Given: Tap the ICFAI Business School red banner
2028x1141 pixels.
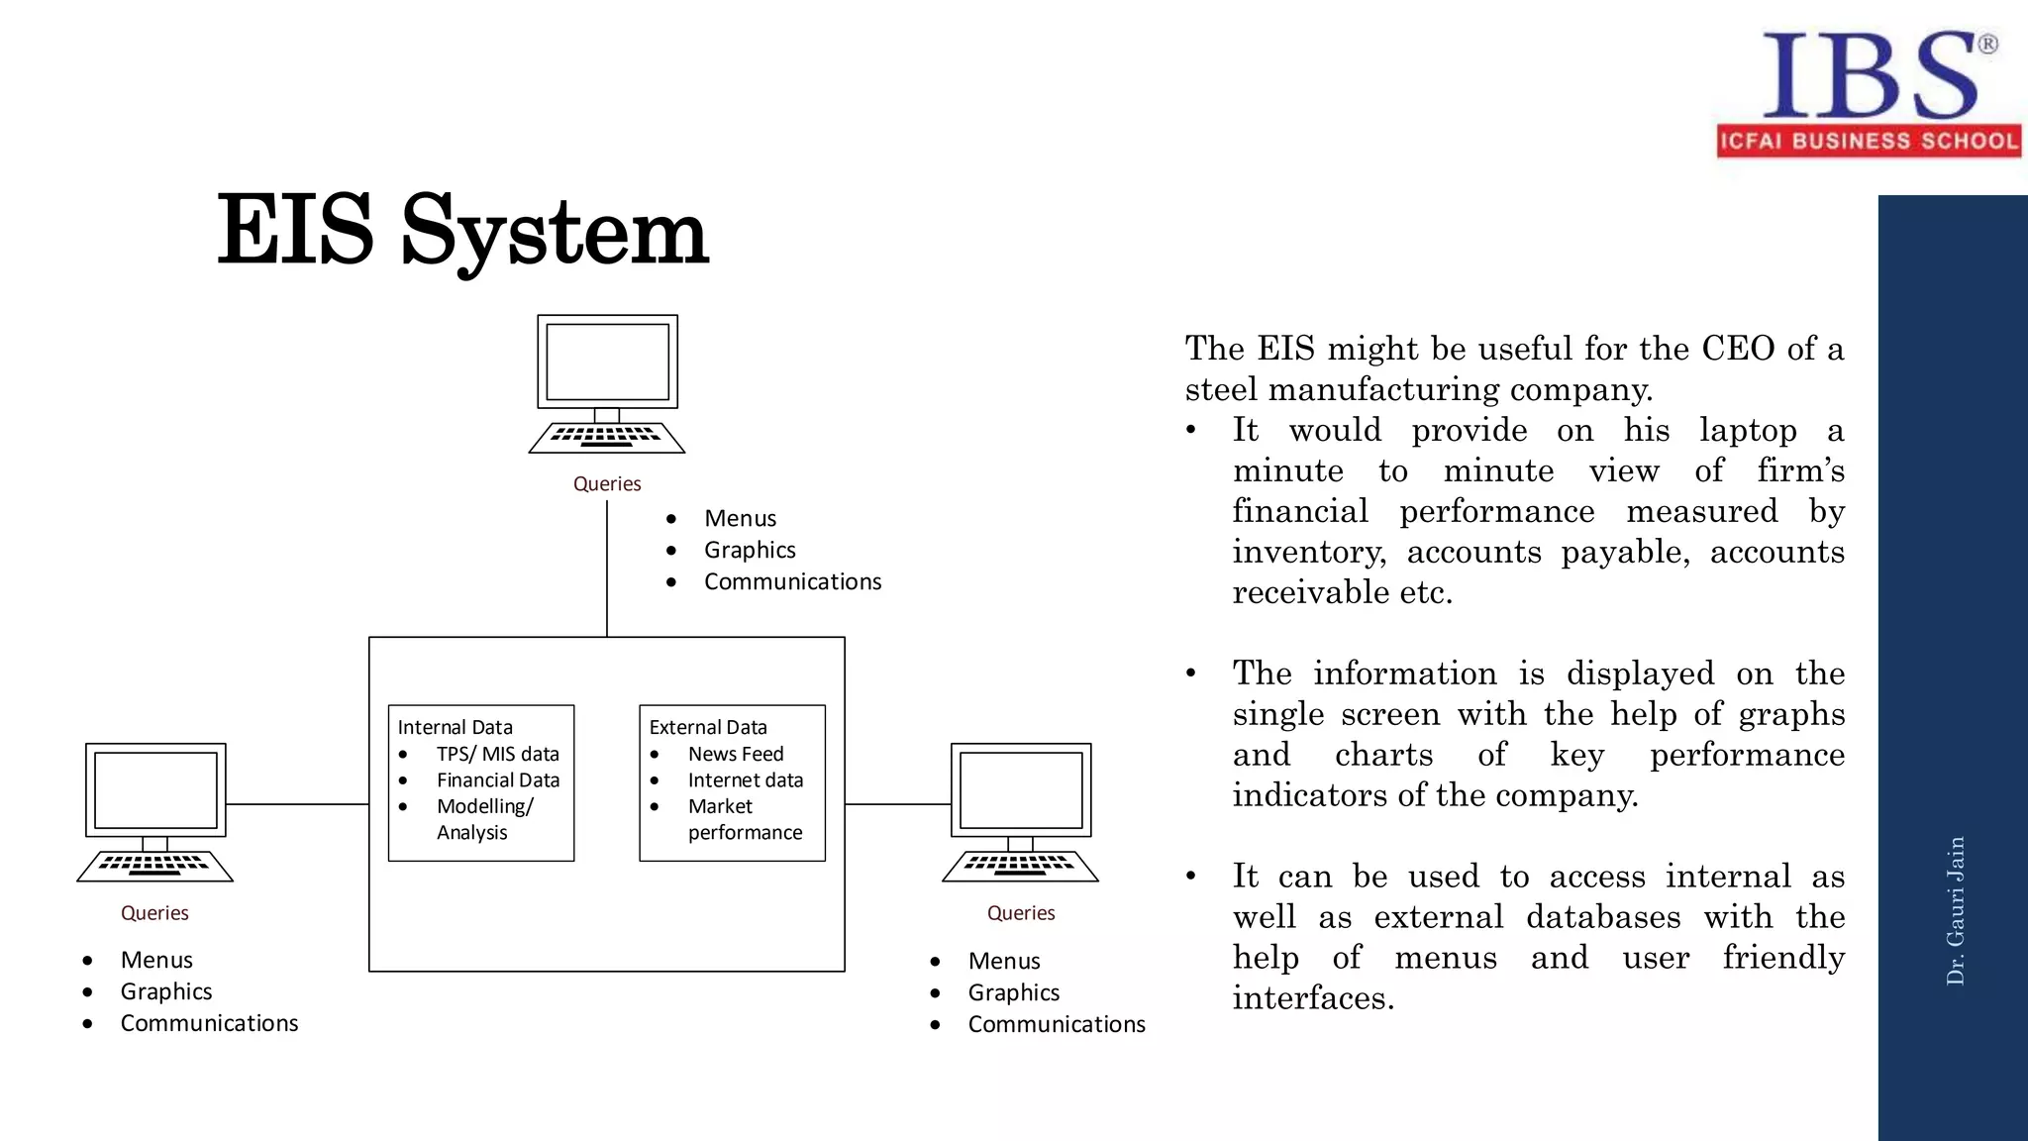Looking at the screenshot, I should pyautogui.click(x=1869, y=141).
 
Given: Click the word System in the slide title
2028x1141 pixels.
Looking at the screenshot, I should pyautogui.click(x=555, y=233).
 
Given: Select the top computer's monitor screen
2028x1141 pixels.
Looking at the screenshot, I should pyautogui.click(x=607, y=362).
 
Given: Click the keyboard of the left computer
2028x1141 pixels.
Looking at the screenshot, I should pyautogui.click(x=154, y=866).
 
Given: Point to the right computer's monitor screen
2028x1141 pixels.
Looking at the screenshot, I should pyautogui.click(x=1021, y=789).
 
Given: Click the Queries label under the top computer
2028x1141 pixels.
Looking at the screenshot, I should pyautogui.click(x=607, y=483).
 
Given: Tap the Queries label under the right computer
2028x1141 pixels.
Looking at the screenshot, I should pyautogui.click(x=1021, y=913).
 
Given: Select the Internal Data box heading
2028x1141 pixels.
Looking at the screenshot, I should pyautogui.click(x=456, y=727).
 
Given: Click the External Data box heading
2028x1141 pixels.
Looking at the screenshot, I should pyautogui.click(x=708, y=727).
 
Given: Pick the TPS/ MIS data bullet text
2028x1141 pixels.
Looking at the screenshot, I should pyautogui.click(x=498, y=754).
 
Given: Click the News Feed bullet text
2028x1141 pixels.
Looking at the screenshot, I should pyautogui.click(x=736, y=754).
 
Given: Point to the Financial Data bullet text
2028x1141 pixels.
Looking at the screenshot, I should pyautogui.click(x=498, y=780).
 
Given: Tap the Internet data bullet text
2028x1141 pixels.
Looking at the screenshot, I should pyautogui.click(x=746, y=780).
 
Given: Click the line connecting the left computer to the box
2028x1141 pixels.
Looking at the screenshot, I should pyautogui.click(x=297, y=804).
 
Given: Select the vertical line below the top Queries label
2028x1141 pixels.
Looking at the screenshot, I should pyautogui.click(x=607, y=570).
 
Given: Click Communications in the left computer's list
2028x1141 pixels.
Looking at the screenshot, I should pyautogui.click(x=209, y=1023).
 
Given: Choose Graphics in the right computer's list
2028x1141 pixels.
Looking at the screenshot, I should pyautogui.click(x=1014, y=992).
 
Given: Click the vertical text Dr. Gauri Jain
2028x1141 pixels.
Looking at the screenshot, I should pyautogui.click(x=1956, y=910).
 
